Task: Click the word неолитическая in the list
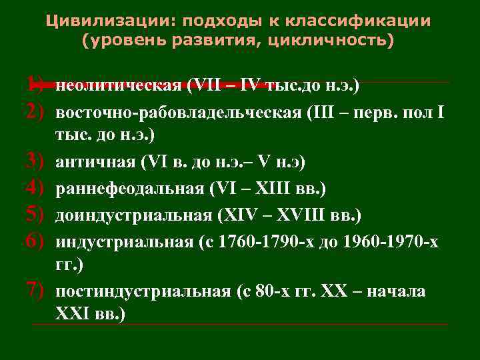(x=119, y=85)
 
